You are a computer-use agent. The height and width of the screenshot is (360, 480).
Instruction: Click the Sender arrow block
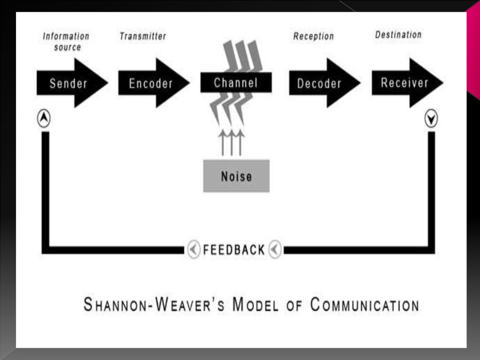click(68, 83)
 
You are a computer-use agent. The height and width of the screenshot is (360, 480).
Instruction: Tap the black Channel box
click(236, 83)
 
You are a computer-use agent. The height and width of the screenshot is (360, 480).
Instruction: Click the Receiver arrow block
click(405, 83)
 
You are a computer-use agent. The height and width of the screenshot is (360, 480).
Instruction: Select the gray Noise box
click(236, 176)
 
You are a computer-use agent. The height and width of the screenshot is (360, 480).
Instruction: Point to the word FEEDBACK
click(234, 250)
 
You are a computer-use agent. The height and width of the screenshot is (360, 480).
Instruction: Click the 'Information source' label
click(66, 41)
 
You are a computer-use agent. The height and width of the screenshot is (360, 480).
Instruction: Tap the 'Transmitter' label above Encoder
click(142, 36)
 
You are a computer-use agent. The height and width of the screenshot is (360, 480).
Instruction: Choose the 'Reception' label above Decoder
click(314, 36)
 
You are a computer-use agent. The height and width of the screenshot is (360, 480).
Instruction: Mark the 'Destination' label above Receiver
click(398, 35)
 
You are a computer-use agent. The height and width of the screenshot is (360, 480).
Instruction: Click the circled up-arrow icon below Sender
click(44, 120)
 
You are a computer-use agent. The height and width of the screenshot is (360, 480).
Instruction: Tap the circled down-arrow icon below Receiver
click(431, 120)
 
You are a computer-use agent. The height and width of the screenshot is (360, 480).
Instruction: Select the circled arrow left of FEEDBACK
click(194, 249)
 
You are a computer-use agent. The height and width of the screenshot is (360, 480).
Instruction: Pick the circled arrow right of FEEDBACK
click(275, 249)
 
